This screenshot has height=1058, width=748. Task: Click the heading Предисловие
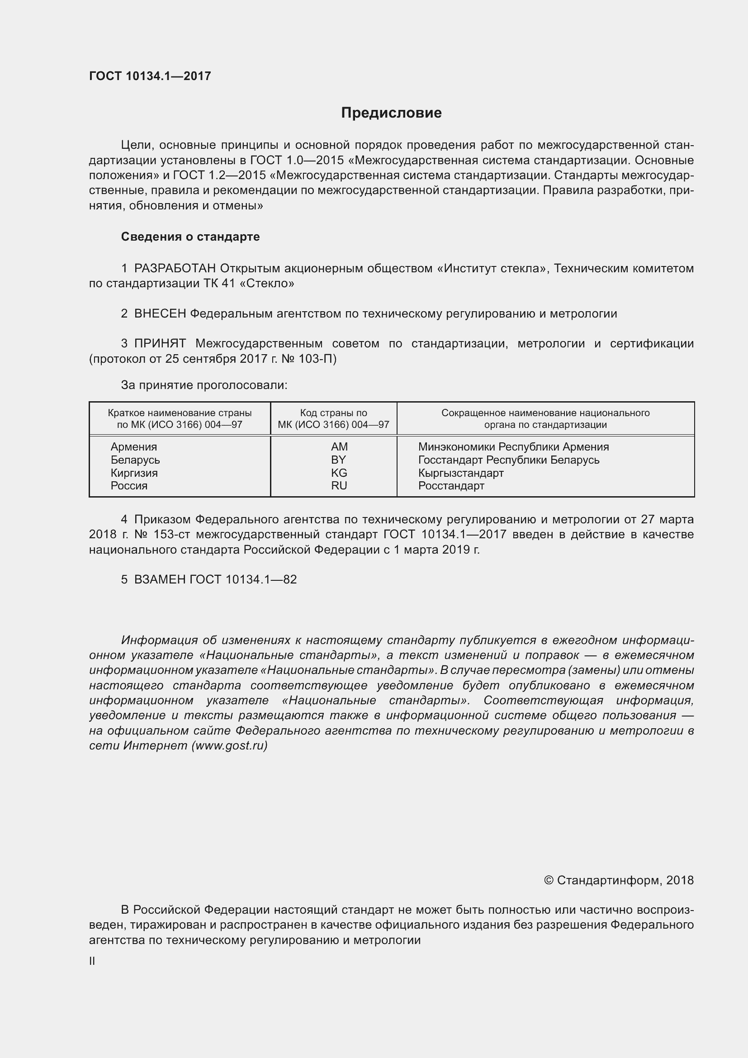pos(391,113)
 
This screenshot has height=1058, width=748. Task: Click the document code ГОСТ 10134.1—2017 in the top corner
pos(150,76)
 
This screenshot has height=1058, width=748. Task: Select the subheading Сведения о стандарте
pos(190,237)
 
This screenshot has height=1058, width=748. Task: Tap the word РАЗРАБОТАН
pos(175,268)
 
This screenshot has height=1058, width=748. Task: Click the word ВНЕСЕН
pos(160,314)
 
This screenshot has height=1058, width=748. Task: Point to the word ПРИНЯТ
pos(160,343)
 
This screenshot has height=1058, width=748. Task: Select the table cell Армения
pos(133,446)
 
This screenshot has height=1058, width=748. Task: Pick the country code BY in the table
pos(339,460)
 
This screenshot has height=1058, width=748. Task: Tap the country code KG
pos(339,473)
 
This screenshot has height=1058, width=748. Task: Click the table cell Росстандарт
pos(451,486)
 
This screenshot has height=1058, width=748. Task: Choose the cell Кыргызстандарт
pos(460,473)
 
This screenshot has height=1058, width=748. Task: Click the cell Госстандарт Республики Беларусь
pos(508,460)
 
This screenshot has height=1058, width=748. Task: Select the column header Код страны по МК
pos(333,418)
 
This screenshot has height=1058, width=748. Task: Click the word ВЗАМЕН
pos(160,580)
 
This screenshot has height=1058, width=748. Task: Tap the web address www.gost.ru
pos(229,745)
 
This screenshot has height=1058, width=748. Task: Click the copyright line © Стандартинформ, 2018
pos(619,880)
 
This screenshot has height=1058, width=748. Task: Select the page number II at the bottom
pos(92,961)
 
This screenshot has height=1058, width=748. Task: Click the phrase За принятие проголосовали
pos(204,385)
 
